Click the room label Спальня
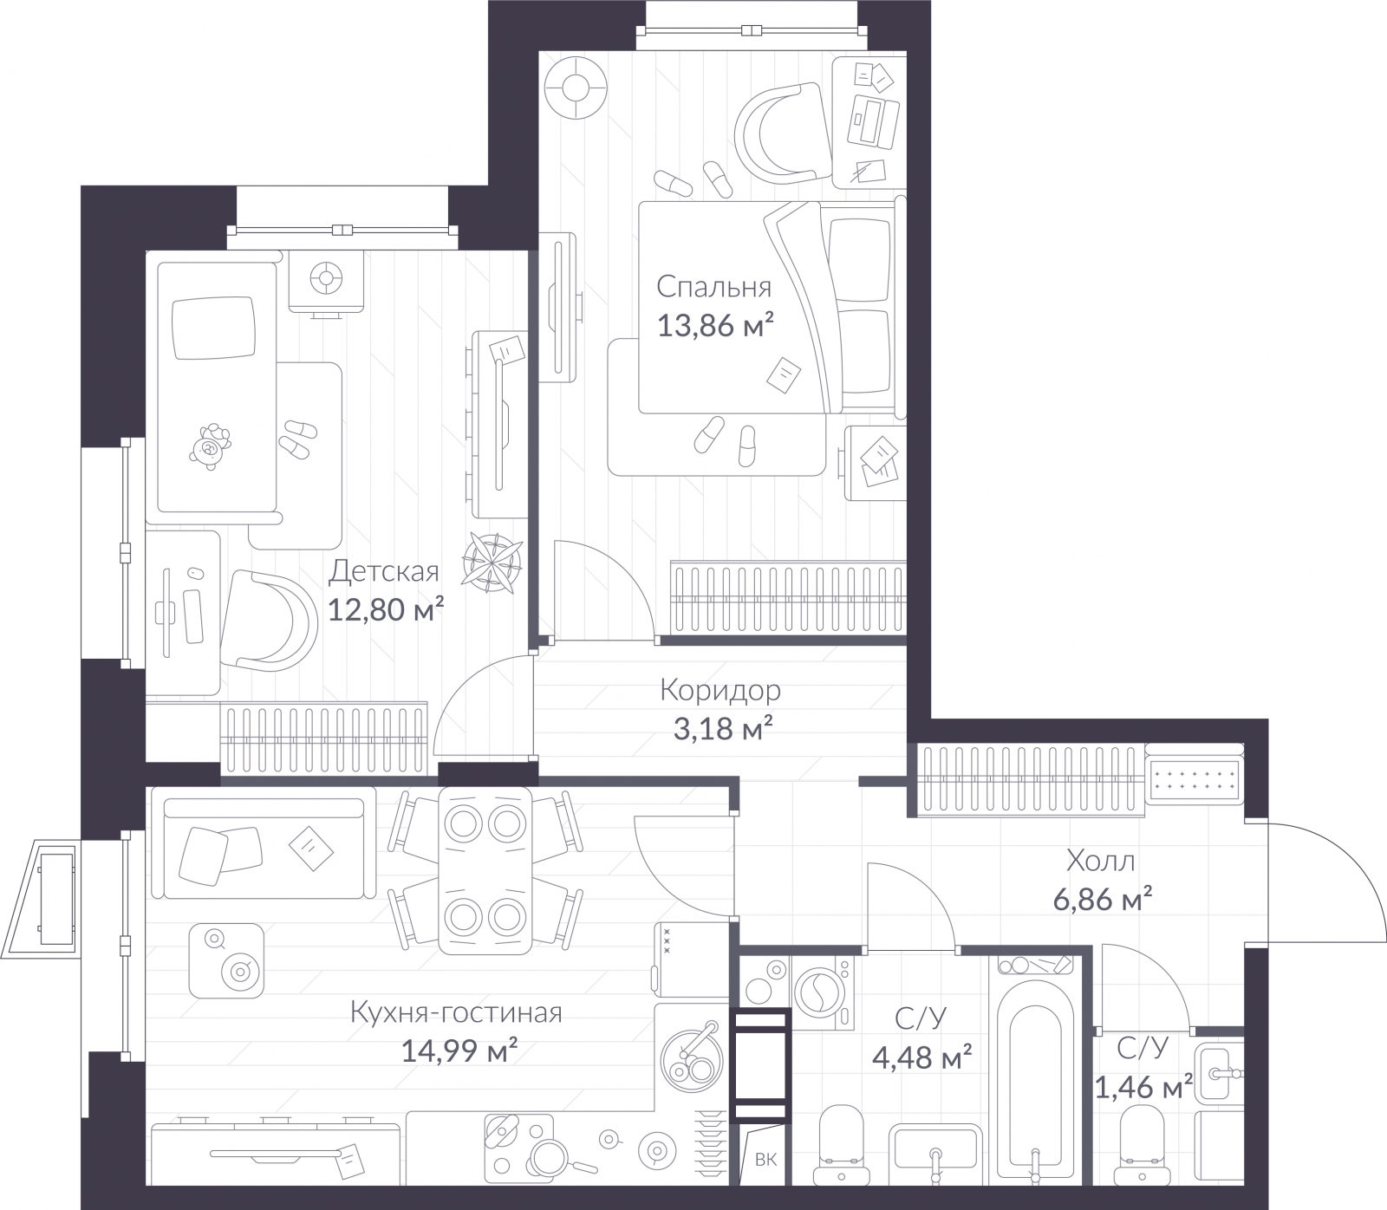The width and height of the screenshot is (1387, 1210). pyautogui.click(x=713, y=286)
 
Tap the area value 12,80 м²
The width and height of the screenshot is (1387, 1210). pyautogui.click(x=386, y=609)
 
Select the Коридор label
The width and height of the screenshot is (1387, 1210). pyautogui.click(x=720, y=690)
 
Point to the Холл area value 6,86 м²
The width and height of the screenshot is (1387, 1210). pyautogui.click(x=1103, y=901)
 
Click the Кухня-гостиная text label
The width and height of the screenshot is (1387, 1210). pyautogui.click(x=457, y=1012)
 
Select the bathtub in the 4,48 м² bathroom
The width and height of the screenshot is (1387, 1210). pyautogui.click(x=1035, y=1075)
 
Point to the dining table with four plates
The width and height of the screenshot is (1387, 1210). pyautogui.click(x=485, y=869)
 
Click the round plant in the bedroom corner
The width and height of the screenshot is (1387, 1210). pyautogui.click(x=575, y=88)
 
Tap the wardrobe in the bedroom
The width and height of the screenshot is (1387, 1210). pyautogui.click(x=788, y=596)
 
